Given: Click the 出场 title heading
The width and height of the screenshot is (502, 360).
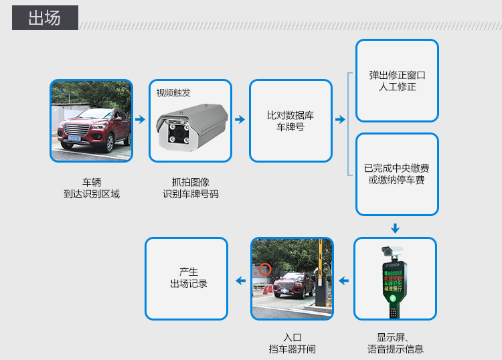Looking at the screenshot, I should [x=45, y=18].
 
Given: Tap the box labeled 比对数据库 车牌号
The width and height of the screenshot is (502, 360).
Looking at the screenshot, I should [x=290, y=121].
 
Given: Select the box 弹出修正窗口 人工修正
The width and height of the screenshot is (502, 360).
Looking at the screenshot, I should [x=397, y=81].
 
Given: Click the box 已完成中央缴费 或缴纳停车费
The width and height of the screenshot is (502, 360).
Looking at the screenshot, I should [x=397, y=174].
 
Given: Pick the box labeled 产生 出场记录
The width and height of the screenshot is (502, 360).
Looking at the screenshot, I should [x=187, y=278].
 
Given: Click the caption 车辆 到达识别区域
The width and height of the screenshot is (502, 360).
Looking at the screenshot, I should [x=91, y=188].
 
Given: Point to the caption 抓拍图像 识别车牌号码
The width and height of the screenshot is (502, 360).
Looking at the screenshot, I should [x=191, y=188].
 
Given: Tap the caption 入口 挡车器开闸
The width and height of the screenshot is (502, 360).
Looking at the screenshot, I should [x=292, y=343].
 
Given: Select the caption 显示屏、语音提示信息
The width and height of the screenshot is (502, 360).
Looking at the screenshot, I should [x=395, y=343].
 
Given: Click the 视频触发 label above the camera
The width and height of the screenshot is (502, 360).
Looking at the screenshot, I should [x=173, y=93].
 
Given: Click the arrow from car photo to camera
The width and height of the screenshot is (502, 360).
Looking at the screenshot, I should [x=140, y=120].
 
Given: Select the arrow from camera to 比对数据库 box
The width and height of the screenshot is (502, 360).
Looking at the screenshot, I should [x=240, y=120].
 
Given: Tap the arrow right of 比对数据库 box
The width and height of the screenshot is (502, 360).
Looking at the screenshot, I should [x=340, y=120].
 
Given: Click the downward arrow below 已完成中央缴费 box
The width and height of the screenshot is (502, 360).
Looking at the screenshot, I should [x=396, y=228].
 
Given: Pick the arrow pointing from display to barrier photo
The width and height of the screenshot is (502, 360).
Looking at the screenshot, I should [x=343, y=280].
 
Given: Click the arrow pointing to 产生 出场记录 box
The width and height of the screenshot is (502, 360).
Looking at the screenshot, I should [x=240, y=280].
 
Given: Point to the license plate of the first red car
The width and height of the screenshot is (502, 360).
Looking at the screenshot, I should [x=72, y=139].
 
